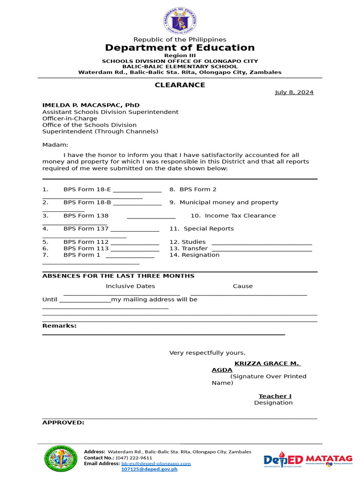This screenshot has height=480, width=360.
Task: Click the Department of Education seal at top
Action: (180, 21)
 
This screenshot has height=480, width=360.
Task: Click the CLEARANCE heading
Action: (180, 85)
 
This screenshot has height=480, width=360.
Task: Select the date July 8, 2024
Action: (294, 92)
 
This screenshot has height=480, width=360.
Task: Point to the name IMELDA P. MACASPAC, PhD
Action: (91, 105)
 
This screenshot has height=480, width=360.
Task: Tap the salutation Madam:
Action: (55, 145)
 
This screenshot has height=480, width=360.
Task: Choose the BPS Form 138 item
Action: (86, 216)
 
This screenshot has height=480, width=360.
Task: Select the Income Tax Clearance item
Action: (240, 216)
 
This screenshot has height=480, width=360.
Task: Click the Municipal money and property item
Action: (229, 202)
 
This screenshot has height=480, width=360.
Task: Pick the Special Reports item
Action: (208, 229)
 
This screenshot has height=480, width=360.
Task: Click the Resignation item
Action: (201, 255)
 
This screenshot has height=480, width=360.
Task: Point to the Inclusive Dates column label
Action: (130, 286)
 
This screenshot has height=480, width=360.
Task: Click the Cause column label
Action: (242, 286)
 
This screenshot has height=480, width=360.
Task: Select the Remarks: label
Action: (60, 326)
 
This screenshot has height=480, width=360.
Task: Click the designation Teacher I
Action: (275, 396)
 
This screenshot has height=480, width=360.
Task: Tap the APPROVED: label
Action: (63, 422)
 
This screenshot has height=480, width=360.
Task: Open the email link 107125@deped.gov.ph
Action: (149, 469)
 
